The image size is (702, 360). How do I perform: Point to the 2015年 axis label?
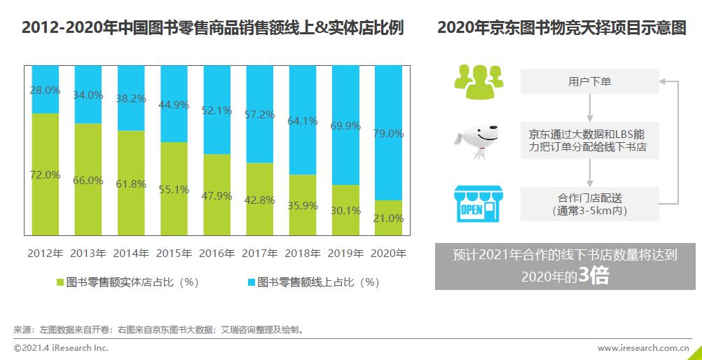[174, 253]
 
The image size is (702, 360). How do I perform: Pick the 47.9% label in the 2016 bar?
[216, 195]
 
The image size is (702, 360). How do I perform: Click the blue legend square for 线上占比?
[251, 283]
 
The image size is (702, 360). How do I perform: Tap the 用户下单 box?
[589, 81]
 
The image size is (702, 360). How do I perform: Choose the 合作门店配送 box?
[589, 204]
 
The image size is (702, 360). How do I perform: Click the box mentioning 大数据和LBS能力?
[589, 140]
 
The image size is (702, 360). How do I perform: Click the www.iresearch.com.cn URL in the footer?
[643, 347]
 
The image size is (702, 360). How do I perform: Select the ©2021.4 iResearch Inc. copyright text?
[61, 347]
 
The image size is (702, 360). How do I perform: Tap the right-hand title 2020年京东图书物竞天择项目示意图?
[561, 28]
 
